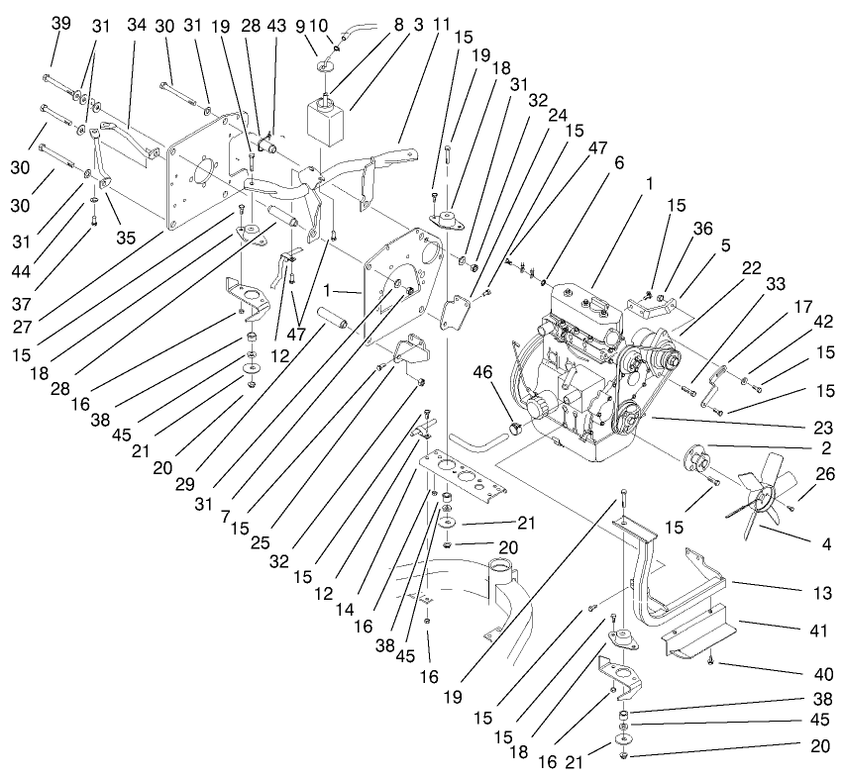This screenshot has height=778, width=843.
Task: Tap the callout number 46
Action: pos(484,373)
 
